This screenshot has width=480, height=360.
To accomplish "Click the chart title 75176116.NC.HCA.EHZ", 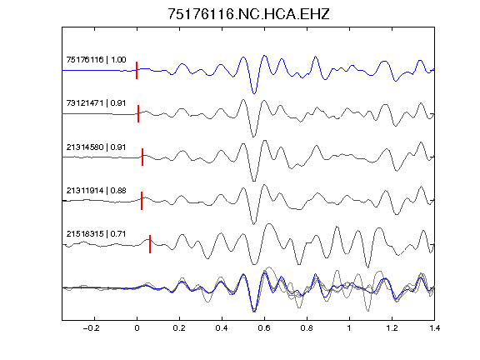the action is click(248, 14).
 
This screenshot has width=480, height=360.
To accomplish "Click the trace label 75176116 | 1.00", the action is click(96, 59).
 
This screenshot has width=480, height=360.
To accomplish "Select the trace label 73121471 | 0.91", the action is click(96, 102).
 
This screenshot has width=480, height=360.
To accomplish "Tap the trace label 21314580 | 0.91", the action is click(96, 147).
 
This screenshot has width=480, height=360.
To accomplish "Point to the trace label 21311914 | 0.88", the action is click(96, 190).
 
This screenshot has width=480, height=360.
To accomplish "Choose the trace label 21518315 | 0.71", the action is click(96, 234).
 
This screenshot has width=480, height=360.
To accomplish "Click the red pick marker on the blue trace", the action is click(137, 70).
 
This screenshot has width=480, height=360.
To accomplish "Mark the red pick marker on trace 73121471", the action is click(138, 114).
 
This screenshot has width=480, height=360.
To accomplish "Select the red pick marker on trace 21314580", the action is click(142, 157).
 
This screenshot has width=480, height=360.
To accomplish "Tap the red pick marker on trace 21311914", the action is click(142, 201).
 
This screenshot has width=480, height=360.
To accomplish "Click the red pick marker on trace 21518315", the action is click(150, 244).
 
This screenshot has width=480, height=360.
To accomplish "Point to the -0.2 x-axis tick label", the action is click(91, 328).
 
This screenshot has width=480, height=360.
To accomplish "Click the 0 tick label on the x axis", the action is click(137, 328).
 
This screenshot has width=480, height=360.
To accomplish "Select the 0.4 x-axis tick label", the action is click(222, 328).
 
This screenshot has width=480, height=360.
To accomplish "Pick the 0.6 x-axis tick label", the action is click(264, 328).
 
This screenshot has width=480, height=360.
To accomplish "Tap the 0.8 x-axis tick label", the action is click(307, 328).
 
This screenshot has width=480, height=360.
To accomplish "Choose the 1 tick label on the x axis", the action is click(349, 328).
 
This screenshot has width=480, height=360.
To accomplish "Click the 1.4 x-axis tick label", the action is click(434, 328).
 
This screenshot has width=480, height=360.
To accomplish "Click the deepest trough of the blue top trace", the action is click(254, 93).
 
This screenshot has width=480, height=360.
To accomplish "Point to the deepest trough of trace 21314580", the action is click(254, 181).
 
